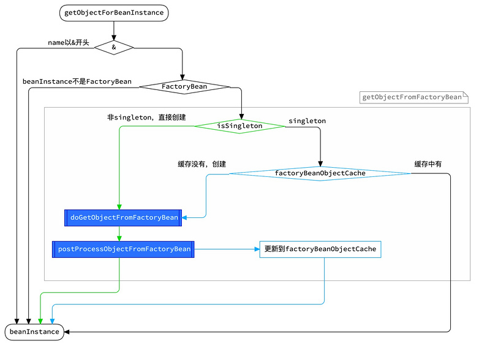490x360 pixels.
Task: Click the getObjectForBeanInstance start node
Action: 114,12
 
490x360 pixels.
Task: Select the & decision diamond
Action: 114,47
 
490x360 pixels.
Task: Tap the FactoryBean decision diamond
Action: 184,87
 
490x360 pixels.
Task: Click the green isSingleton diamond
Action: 239,126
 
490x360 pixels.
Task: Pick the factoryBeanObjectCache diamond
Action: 320,173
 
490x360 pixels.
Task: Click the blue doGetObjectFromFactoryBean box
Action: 124,217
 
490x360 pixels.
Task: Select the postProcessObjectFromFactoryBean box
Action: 124,249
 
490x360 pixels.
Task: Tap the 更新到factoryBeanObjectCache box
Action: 320,249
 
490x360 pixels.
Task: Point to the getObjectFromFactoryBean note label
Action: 412,97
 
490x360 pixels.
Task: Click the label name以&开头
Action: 68,43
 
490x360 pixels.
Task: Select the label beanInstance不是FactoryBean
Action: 77,81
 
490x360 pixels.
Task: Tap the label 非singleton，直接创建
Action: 146,117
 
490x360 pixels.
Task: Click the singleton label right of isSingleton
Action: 307,121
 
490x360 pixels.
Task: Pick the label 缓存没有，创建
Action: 202,164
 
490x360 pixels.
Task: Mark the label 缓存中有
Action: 428,164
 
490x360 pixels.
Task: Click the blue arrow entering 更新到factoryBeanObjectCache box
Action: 255,249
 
